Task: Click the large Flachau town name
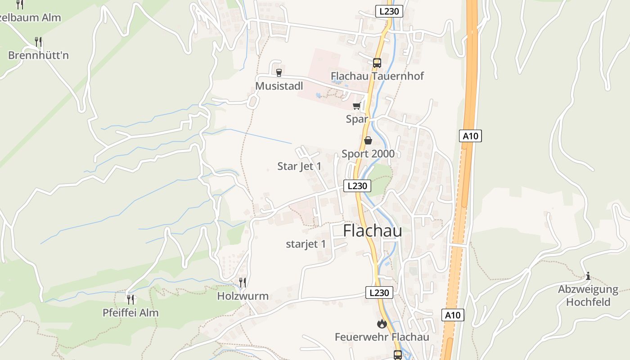[372, 230]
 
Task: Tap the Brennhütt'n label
[38, 55]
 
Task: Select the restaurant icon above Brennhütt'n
[38, 42]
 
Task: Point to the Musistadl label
[279, 85]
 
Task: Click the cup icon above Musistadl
[279, 72]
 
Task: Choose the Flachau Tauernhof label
[377, 76]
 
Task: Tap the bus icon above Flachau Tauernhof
[377, 63]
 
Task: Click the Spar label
[357, 119]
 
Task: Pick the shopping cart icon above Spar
[357, 106]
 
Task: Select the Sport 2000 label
[368, 153]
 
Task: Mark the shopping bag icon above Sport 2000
[368, 140]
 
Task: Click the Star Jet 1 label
[299, 166]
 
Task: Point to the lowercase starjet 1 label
[306, 244]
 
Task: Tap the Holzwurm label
[243, 296]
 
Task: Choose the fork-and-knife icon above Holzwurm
[243, 283]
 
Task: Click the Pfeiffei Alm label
[130, 312]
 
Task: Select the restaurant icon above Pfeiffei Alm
[130, 299]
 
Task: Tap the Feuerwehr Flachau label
[382, 337]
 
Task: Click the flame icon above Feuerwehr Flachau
[382, 324]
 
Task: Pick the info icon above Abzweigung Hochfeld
[588, 276]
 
